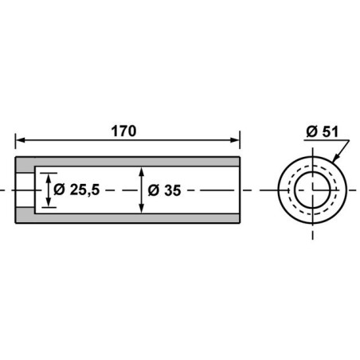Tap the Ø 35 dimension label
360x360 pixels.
pyautogui.click(x=165, y=190)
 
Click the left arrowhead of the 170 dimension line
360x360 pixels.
pyautogui.click(x=20, y=140)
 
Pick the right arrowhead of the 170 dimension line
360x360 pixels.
pyautogui.click(x=235, y=140)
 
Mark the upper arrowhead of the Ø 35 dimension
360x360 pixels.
pyautogui.click(x=141, y=171)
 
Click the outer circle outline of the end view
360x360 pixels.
pyautogui.click(x=280, y=190)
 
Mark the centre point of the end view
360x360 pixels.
pyautogui.click(x=312, y=190)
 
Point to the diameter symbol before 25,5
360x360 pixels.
pyautogui.click(x=60, y=190)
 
